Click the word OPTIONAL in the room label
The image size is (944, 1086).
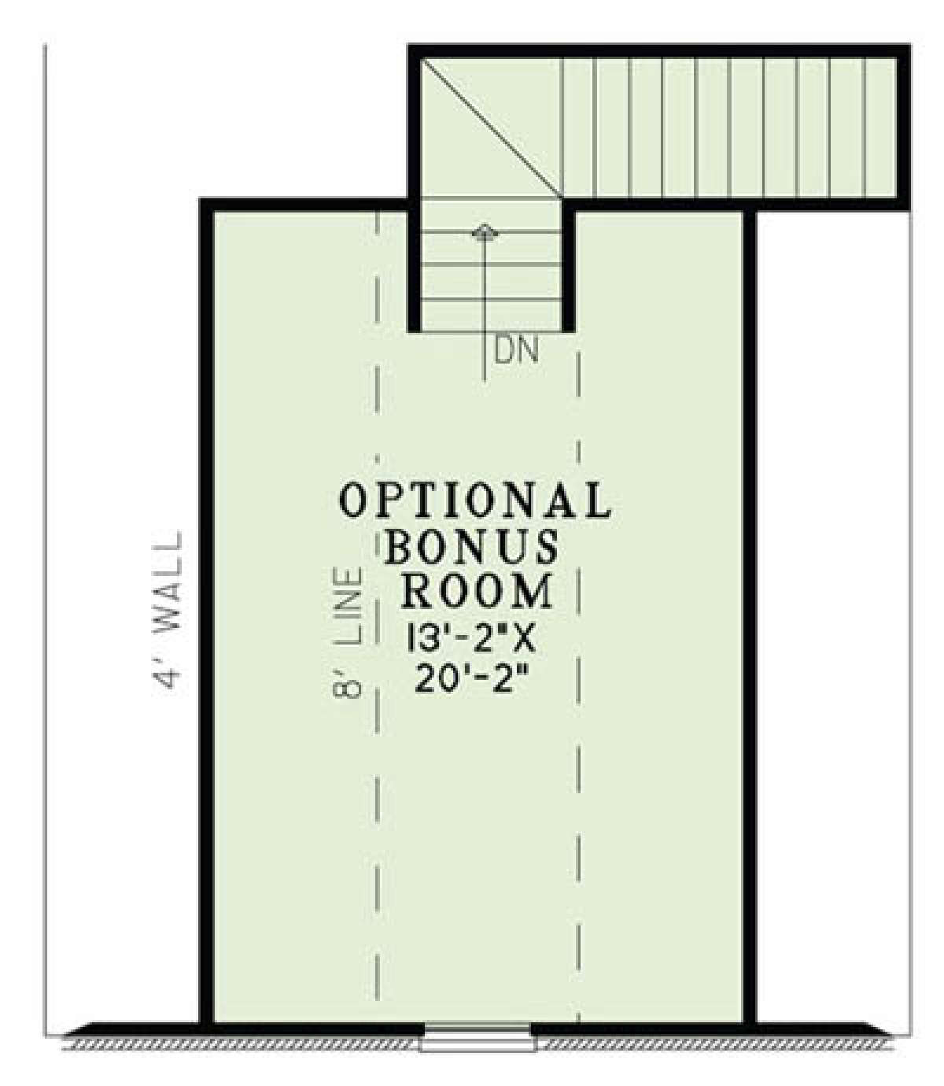coord(475,500)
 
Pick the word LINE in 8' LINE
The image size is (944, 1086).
coord(348,606)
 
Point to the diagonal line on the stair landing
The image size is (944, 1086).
coord(491,127)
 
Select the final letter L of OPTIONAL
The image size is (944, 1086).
coord(598,500)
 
